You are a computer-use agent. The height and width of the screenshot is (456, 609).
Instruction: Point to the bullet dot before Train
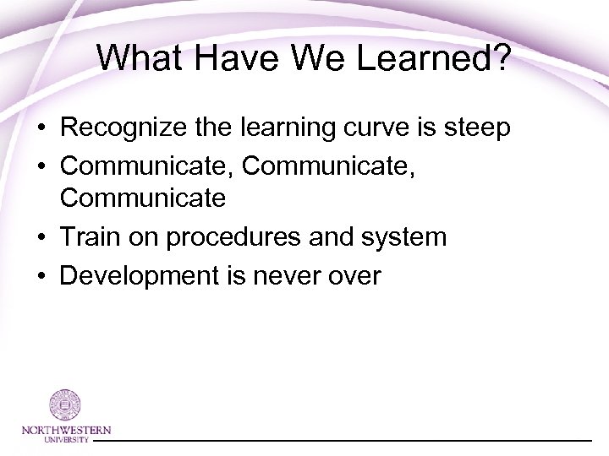(x=41, y=237)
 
